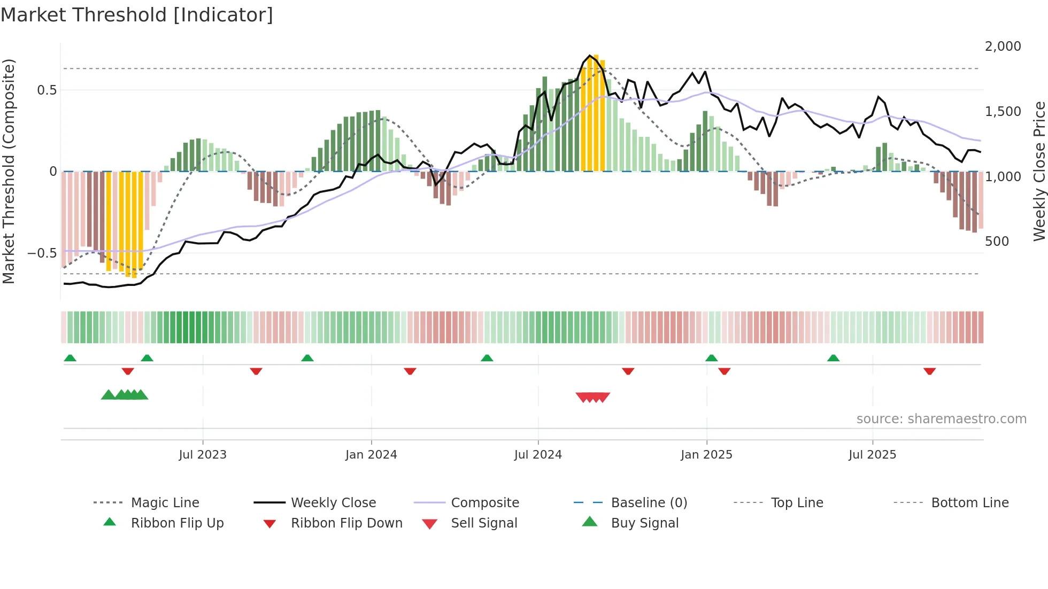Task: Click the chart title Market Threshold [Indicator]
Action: [137, 15]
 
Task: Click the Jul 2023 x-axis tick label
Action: [203, 455]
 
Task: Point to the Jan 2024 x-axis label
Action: [371, 455]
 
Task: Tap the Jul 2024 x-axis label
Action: [538, 455]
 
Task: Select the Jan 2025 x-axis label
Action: [706, 455]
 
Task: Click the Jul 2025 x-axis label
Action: [872, 455]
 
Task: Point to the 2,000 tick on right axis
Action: [1003, 46]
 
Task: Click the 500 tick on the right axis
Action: [997, 242]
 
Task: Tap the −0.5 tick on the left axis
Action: [42, 253]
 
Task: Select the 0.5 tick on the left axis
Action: [47, 90]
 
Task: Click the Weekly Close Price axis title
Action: [1039, 171]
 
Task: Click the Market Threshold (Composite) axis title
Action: [9, 171]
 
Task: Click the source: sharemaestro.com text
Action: [941, 419]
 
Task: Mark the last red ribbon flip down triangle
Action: [929, 371]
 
